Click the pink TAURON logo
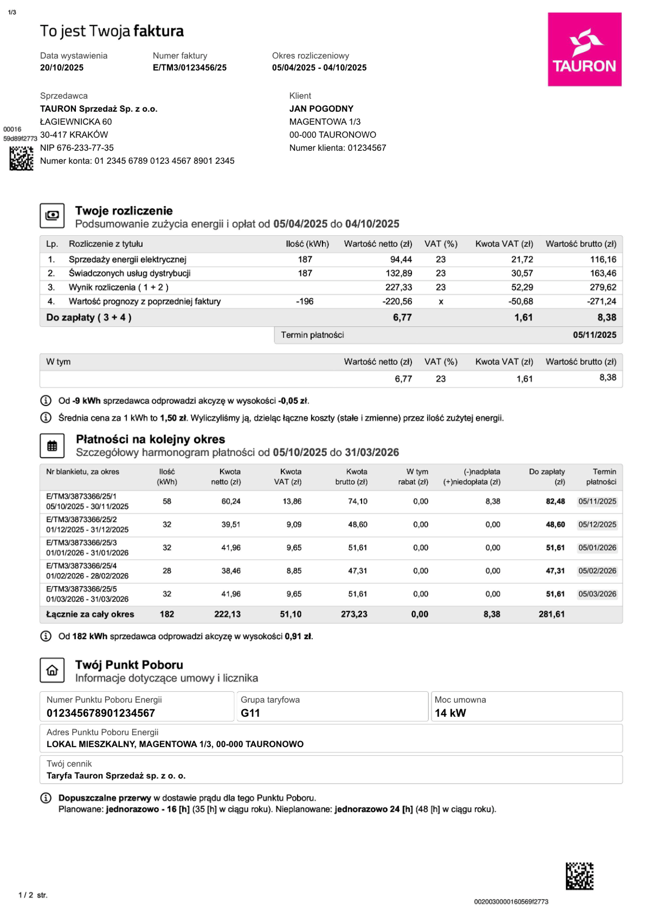click(584, 49)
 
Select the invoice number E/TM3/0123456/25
click(190, 68)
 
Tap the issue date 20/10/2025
click(62, 68)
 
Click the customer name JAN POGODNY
click(321, 109)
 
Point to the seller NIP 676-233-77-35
click(77, 148)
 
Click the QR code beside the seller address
click(21, 158)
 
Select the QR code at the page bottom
click(579, 876)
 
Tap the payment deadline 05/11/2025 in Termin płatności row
click(595, 335)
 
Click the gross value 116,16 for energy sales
click(603, 260)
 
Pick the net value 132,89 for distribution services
click(399, 273)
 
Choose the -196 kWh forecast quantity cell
click(305, 301)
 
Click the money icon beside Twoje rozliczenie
click(52, 216)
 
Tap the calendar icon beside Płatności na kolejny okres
click(52, 446)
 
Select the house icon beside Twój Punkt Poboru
click(52, 671)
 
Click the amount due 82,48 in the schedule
click(555, 501)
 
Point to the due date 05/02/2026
click(597, 571)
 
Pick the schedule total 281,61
click(552, 614)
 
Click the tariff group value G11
click(250, 713)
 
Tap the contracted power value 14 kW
click(450, 713)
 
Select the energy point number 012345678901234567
click(101, 713)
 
